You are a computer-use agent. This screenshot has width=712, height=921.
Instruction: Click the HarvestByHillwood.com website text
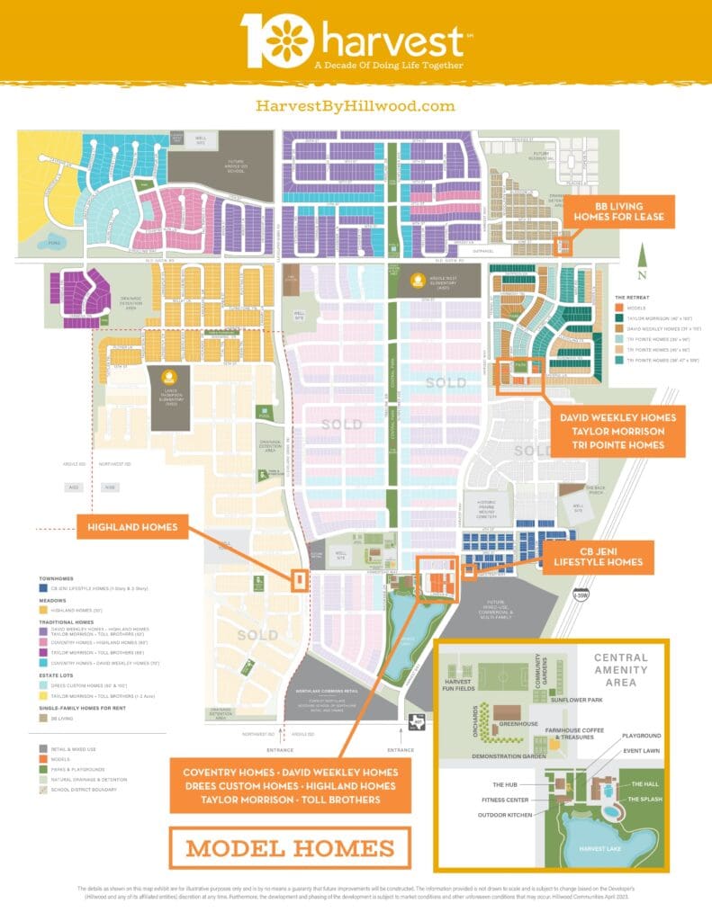pyautogui.click(x=356, y=106)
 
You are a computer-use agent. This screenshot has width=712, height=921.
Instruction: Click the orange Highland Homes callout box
pyautogui.click(x=131, y=525)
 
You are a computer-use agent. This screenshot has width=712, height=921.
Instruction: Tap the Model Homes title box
pyautogui.click(x=290, y=847)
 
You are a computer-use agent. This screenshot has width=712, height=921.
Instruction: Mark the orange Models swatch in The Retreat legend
pyautogui.click(x=620, y=306)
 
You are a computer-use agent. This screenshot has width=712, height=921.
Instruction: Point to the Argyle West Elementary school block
pyautogui.click(x=417, y=284)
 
